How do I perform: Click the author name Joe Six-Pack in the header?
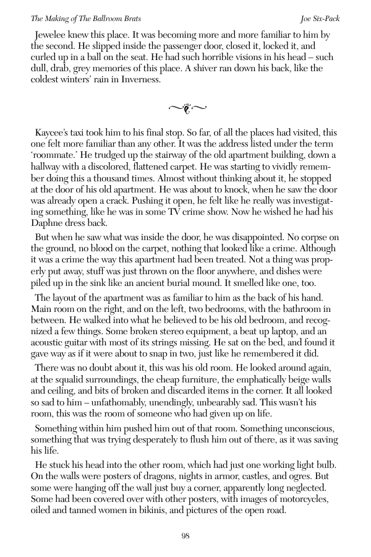point(320,19)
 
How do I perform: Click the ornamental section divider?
point(185,110)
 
